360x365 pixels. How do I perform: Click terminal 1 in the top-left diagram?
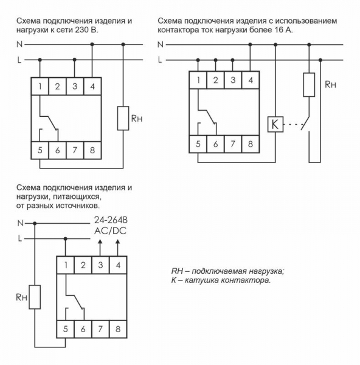[40, 86]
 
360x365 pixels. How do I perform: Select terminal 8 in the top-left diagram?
[92, 149]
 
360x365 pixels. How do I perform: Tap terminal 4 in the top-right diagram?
[250, 80]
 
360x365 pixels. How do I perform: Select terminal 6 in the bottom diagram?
[82, 328]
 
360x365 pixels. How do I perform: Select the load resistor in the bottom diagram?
[34, 298]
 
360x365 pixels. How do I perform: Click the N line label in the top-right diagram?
[161, 44]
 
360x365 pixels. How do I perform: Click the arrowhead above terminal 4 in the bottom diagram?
[117, 242]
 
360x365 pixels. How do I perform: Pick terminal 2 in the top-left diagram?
[57, 86]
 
